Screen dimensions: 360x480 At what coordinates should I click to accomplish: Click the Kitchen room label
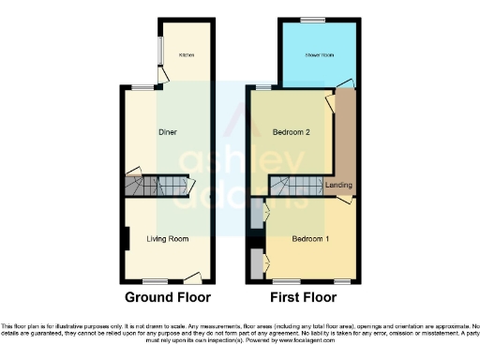tap(187, 55)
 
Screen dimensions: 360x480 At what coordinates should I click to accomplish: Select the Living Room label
tap(168, 239)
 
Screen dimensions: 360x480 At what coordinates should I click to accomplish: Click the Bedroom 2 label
tap(291, 132)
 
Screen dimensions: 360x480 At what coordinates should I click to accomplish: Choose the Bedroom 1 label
tap(309, 239)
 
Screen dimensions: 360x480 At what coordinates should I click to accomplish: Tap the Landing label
tap(338, 185)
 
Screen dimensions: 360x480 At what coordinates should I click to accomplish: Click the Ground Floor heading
tap(168, 298)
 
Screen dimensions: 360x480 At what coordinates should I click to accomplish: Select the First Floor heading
tap(303, 298)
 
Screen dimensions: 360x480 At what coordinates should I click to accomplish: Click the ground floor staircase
tap(156, 186)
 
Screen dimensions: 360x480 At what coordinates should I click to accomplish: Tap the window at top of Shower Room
tap(319, 19)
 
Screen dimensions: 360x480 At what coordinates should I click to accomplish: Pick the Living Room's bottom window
tap(156, 282)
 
